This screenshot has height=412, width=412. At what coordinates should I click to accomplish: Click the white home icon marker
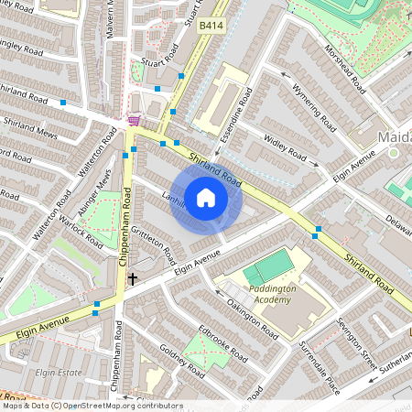point(206,197)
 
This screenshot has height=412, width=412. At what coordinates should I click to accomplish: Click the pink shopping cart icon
point(135,119)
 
